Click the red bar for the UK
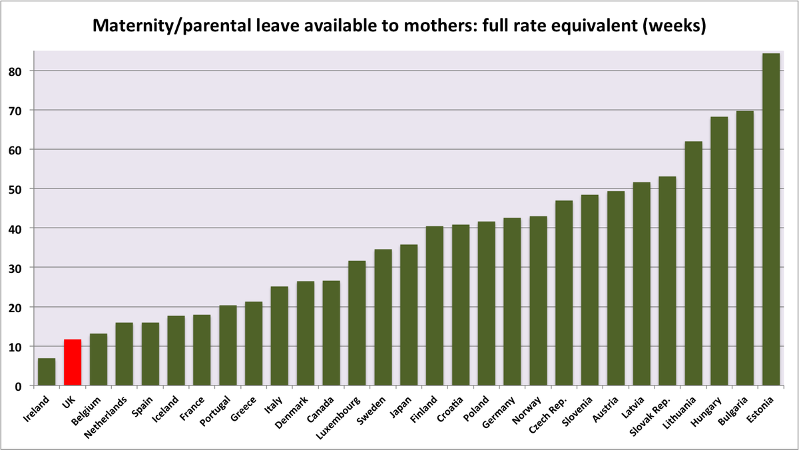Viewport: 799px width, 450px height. [x=73, y=363]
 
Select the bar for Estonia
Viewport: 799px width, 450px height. [x=770, y=220]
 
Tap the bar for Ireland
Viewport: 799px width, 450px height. [x=47, y=372]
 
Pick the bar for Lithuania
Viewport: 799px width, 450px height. [x=693, y=264]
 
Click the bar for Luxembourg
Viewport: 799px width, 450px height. [x=357, y=324]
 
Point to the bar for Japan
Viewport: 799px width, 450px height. [x=409, y=316]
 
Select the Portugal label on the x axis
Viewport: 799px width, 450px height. [x=216, y=410]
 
